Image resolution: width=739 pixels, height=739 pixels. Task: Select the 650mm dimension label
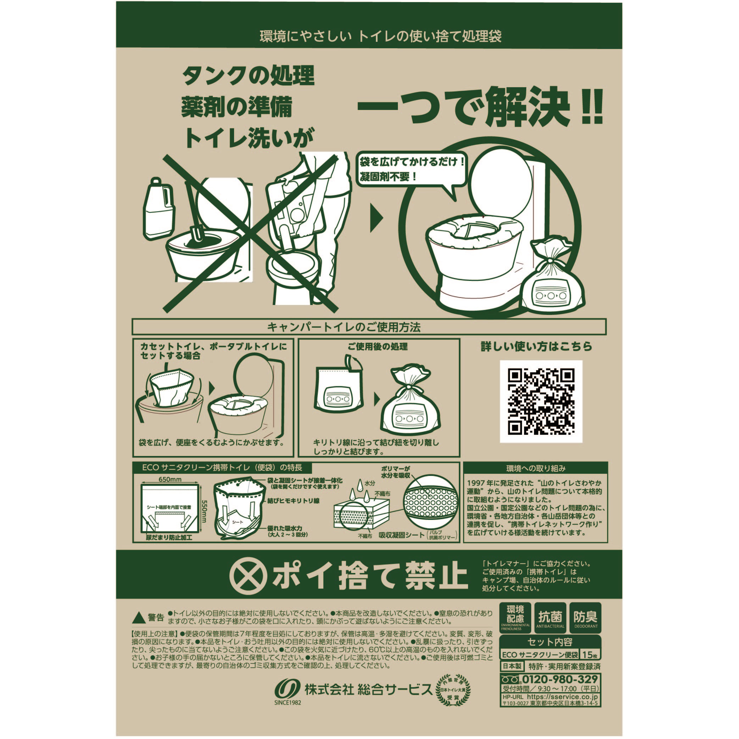click(170, 480)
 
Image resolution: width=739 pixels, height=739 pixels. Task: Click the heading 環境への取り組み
click(535, 468)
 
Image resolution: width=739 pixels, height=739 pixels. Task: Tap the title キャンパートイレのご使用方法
click(344, 327)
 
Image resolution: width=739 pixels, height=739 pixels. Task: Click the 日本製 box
click(512, 666)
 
